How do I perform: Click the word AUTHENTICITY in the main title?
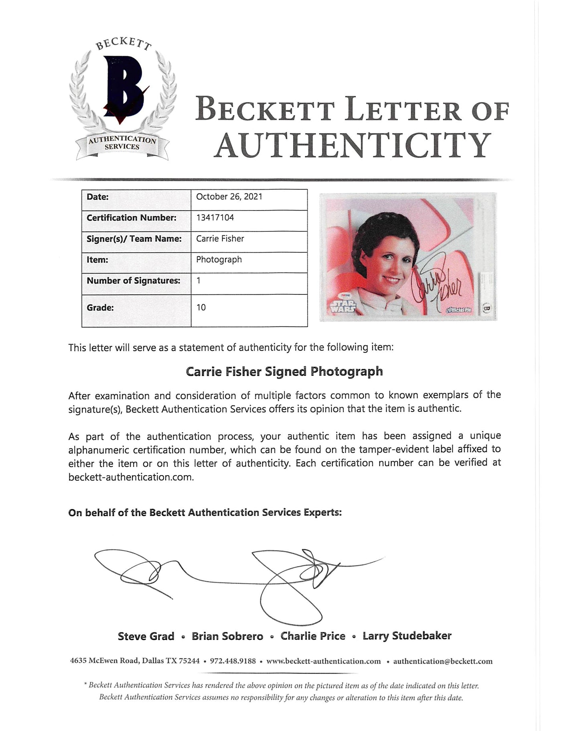[x=352, y=145]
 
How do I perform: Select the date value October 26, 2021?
[x=229, y=196]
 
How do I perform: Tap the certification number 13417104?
[x=215, y=217]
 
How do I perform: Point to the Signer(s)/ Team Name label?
[x=134, y=239]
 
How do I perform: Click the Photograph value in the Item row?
[x=219, y=259]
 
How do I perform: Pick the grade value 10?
[x=201, y=307]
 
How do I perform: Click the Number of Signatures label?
[x=133, y=281]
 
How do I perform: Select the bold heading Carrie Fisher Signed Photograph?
[x=284, y=372]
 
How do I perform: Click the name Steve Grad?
[x=146, y=636]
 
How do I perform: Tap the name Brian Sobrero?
[x=227, y=636]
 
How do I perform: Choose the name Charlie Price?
[x=313, y=636]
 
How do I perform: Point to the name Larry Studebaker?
[x=407, y=636]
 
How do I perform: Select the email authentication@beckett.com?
[x=443, y=661]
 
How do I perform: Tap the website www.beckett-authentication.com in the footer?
[x=323, y=661]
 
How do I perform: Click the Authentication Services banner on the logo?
[x=122, y=143]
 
